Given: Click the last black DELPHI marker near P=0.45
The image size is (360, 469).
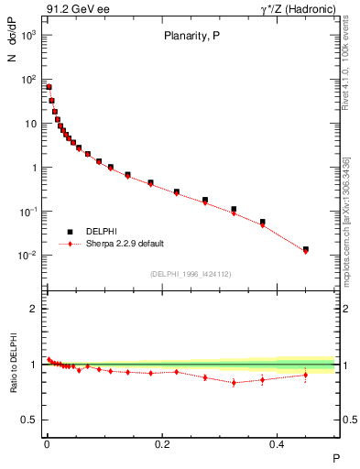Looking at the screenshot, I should click(x=306, y=249).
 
